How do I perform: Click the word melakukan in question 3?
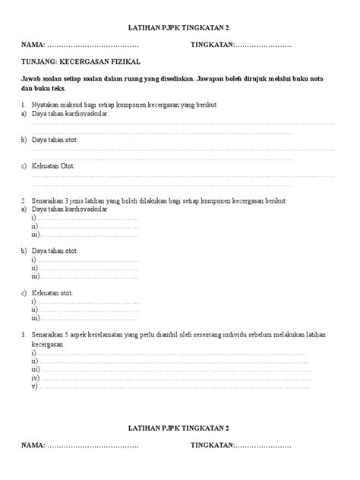click(305, 334)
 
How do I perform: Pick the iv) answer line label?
click(35, 377)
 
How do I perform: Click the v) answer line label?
click(34, 386)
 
